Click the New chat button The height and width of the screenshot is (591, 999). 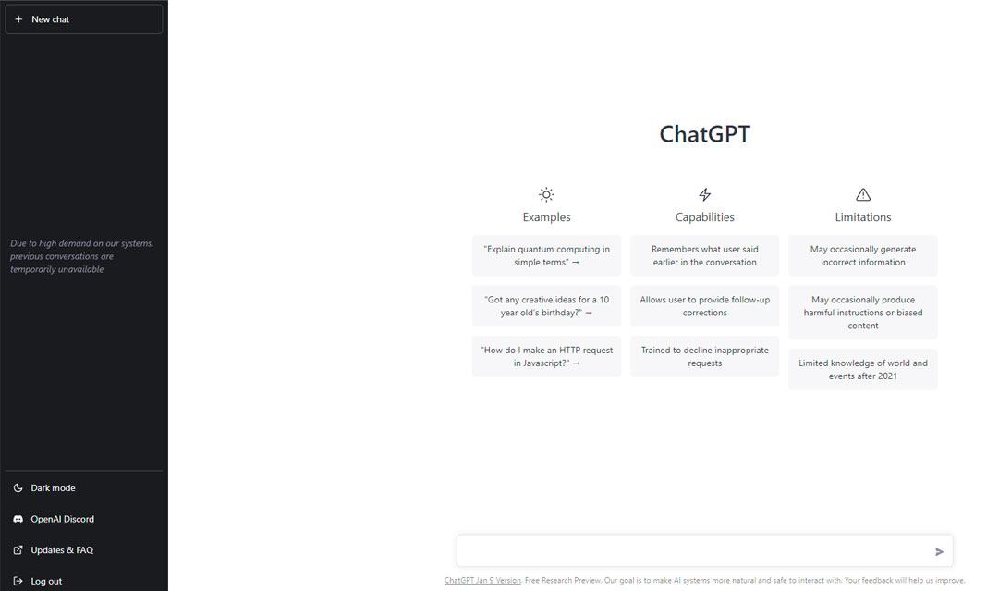coord(83,19)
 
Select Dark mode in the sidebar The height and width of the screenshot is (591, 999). coord(53,488)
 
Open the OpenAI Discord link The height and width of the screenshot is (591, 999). coord(62,519)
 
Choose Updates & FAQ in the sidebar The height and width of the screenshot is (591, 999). coord(61,550)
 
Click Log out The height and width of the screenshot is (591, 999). coord(46,581)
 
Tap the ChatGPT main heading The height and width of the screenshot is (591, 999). coord(704,134)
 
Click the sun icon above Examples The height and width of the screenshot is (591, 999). coord(546,194)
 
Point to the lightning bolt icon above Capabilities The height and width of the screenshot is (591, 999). coord(705,194)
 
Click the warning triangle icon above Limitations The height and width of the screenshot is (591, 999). coord(863,194)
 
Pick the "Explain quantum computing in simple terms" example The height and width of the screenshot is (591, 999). coord(546,255)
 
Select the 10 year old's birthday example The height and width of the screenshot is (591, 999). coord(546,306)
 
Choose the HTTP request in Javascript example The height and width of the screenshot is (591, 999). coord(546,356)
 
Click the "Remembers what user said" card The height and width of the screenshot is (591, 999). coord(704,255)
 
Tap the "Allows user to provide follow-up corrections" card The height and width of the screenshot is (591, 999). coord(704,306)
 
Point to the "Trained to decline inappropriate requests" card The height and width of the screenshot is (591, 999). coord(704,356)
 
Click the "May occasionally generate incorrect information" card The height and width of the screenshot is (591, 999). coord(862,255)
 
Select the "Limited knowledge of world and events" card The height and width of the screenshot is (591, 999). coord(862,369)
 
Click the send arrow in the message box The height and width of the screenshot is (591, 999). coord(939,552)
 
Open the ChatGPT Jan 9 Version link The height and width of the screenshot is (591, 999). coord(482,581)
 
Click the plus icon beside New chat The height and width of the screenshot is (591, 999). coord(18,19)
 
